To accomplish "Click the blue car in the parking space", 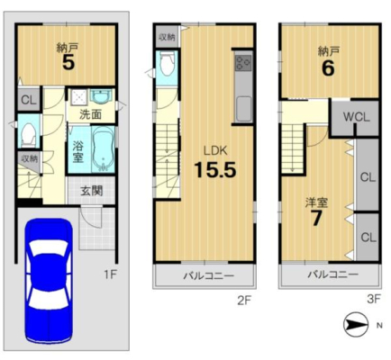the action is pos(49,282).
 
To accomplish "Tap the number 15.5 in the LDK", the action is pos(215,169).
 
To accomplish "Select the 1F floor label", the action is pos(110,274).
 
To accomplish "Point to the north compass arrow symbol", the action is pos(356,324).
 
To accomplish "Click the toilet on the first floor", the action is pos(28,133).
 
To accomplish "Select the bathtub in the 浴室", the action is pos(103,149).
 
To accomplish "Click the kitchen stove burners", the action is pos(243,63).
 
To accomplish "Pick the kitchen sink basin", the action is pos(243,108).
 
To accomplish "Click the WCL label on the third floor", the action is pos(356,117).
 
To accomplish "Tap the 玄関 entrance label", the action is pos(91,191).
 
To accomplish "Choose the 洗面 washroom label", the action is pos(90,114).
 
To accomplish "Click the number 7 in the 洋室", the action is pos(316,218).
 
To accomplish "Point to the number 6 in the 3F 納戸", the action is pos(328,68).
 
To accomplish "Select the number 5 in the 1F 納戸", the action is pos(68,62).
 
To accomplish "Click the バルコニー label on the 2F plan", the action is pos(209,275).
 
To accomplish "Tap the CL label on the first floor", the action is pos(29,100).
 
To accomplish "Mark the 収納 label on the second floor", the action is pos(167,38).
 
